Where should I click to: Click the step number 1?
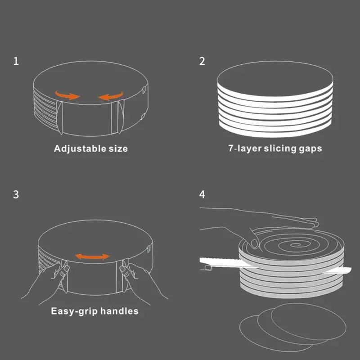click(x=16, y=61)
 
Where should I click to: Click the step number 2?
click(x=202, y=61)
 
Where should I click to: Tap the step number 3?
click(x=16, y=194)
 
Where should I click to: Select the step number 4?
click(x=202, y=194)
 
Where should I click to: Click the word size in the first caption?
click(x=118, y=149)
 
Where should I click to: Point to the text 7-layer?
click(x=245, y=148)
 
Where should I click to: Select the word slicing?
click(x=280, y=148)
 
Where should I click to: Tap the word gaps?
click(x=310, y=149)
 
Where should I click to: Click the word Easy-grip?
click(x=74, y=311)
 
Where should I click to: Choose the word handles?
click(x=119, y=311)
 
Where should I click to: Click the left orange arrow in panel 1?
click(x=67, y=95)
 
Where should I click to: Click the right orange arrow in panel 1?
click(x=111, y=96)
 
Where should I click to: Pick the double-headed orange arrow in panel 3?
click(x=92, y=256)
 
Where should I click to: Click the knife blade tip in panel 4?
click(x=351, y=269)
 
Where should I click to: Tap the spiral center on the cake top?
click(x=297, y=245)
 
